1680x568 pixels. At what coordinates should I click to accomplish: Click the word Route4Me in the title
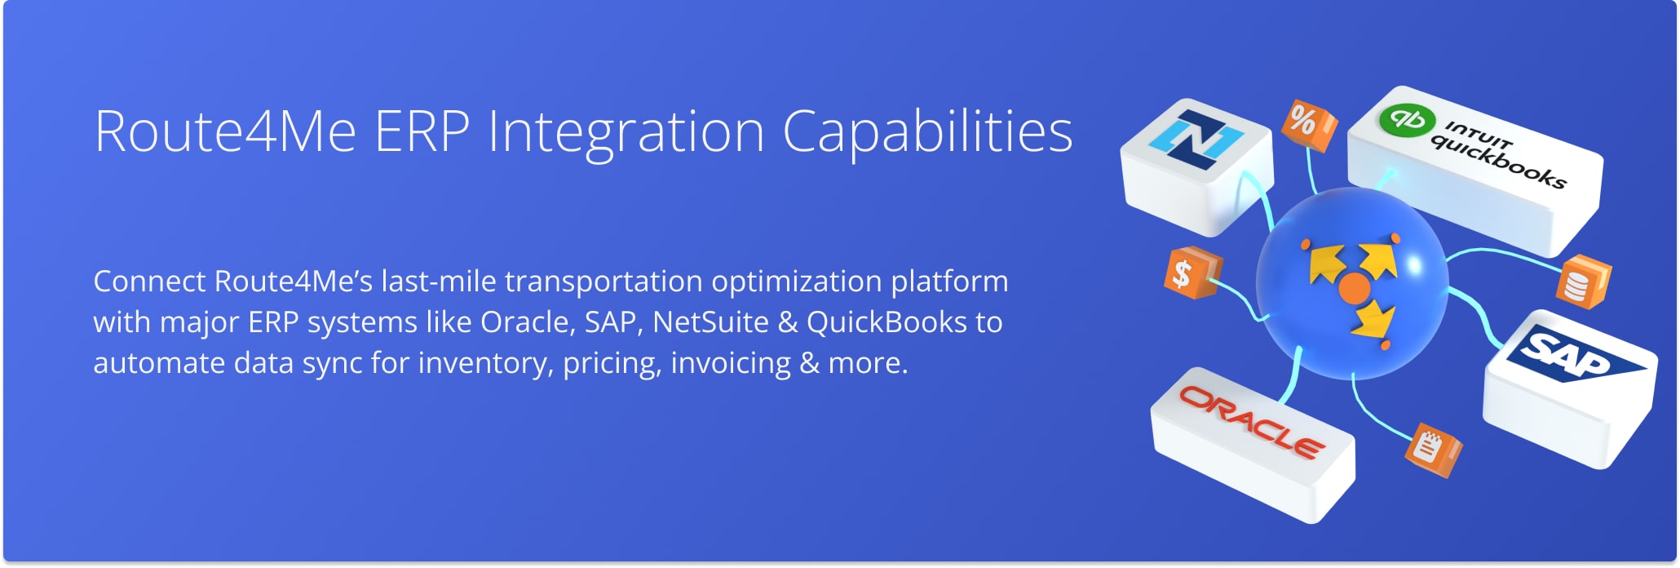coord(225,132)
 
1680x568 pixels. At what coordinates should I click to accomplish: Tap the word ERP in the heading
coord(422,132)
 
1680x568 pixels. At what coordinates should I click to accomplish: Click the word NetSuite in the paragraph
coord(710,322)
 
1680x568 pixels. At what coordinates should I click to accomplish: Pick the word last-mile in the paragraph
coord(439,282)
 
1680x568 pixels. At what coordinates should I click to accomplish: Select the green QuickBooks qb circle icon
coord(1407,119)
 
